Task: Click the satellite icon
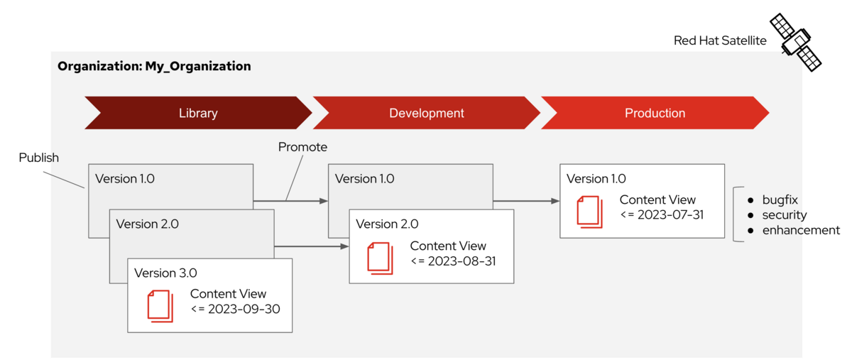tap(796, 42)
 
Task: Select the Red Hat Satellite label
tap(720, 40)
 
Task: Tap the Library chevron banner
tap(198, 113)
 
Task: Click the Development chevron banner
tap(427, 113)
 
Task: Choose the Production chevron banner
tap(655, 113)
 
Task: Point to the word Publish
tap(39, 158)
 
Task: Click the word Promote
tap(302, 147)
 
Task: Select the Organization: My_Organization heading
tap(154, 66)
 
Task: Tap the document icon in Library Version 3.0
tap(160, 306)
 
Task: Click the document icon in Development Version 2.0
tap(380, 258)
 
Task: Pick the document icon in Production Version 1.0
tap(589, 212)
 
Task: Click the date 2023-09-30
tap(244, 309)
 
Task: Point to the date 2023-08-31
tap(461, 261)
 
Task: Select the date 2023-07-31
tap(670, 214)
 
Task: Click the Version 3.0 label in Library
tap(165, 273)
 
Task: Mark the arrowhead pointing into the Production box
tap(555, 201)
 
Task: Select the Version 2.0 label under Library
tap(147, 224)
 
